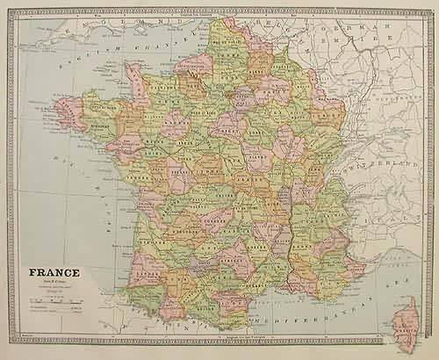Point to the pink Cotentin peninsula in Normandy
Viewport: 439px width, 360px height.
[x=137, y=81]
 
